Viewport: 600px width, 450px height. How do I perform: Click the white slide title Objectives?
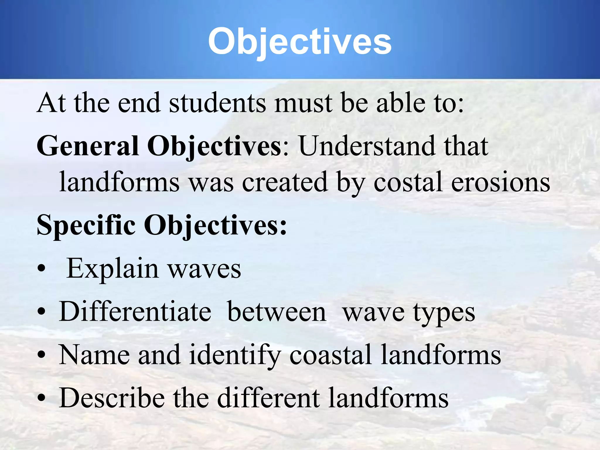pos(299,42)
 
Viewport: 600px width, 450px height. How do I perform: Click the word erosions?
pos(500,182)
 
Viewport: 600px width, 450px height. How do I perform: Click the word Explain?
pos(112,269)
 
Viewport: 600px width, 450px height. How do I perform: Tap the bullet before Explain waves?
pos(42,269)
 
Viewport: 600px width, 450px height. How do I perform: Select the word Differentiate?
pos(135,312)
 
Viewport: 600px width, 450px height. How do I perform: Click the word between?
pos(277,312)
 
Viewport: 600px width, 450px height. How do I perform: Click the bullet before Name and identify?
pos(42,355)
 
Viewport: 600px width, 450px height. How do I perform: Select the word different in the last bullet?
pos(268,398)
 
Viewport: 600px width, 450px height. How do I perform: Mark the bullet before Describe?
pos(42,398)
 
